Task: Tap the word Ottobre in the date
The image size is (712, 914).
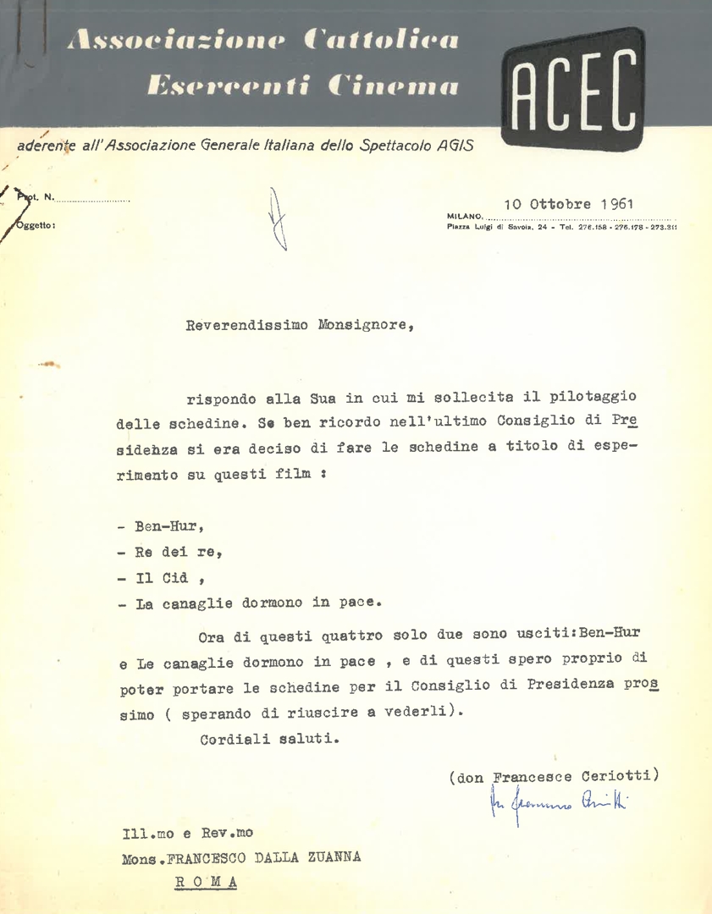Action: tap(560, 204)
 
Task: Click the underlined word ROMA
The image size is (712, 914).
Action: tap(207, 882)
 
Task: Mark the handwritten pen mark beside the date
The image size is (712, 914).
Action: tap(277, 218)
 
